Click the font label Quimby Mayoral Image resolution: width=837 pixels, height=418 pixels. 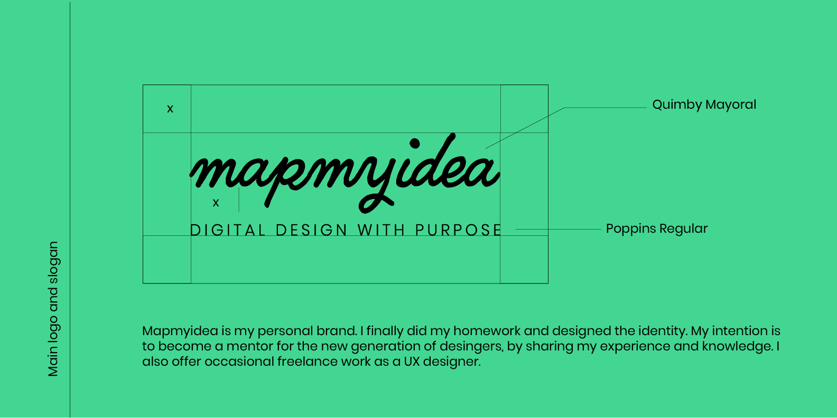704,105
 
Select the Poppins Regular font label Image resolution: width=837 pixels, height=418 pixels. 656,229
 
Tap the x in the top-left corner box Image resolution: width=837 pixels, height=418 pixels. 170,109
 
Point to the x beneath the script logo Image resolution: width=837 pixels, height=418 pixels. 216,203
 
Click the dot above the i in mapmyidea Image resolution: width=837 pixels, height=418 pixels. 415,144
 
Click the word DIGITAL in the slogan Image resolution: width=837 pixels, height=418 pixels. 228,230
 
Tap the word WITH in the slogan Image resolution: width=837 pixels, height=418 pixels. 381,230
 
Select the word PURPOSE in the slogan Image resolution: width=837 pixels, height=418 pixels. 458,230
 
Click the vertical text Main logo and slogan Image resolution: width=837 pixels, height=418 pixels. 53,309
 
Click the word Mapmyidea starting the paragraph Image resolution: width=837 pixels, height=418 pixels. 180,331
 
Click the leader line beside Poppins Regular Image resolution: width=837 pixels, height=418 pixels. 558,229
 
